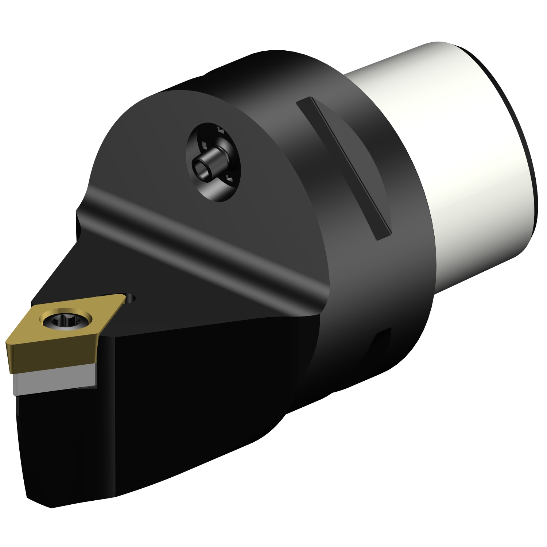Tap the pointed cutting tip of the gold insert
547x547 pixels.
pyautogui.click(x=7, y=343)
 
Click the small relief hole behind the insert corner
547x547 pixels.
pyautogui.click(x=130, y=298)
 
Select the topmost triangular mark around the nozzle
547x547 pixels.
pyautogui.click(x=220, y=129)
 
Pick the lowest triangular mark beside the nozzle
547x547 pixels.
pyautogui.click(x=229, y=178)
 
